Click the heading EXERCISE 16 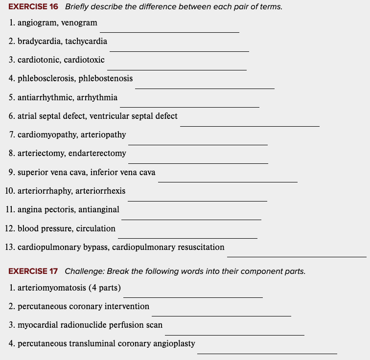point(33,7)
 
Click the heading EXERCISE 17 point(33,271)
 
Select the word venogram point(79,23)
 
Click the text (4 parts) point(105,288)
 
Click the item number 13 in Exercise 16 point(8,247)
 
